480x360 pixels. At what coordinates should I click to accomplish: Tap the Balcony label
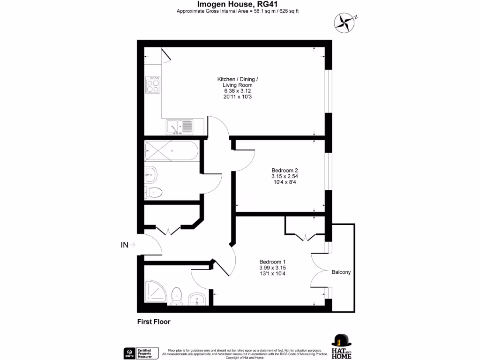[341, 272]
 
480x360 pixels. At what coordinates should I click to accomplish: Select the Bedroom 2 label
[285, 170]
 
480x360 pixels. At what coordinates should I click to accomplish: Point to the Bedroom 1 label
[272, 262]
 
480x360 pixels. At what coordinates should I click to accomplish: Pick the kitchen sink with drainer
[179, 126]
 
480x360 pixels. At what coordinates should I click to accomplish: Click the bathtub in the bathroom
[171, 150]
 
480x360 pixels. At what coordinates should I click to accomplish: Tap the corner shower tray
[155, 292]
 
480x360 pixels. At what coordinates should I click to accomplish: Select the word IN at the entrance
[125, 244]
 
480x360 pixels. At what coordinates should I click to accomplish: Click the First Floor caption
[153, 322]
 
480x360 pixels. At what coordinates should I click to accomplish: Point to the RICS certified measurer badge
[139, 352]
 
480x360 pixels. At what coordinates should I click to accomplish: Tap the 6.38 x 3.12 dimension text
[237, 91]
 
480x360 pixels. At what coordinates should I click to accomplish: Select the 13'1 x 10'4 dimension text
[272, 273]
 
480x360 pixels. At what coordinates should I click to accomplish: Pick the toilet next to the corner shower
[177, 296]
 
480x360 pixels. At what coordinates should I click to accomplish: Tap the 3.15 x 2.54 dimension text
[285, 176]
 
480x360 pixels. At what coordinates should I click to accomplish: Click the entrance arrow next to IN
[134, 244]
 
